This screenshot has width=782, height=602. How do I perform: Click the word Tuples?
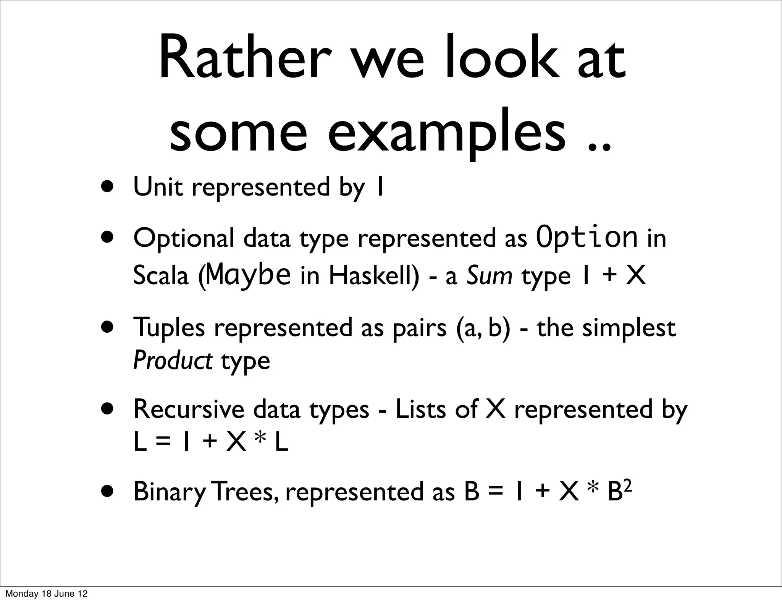click(169, 328)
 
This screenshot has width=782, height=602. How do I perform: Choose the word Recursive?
click(189, 409)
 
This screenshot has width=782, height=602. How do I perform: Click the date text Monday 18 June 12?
click(46, 594)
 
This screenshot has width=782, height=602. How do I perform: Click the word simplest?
click(629, 328)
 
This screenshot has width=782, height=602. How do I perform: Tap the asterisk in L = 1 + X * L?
click(261, 442)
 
